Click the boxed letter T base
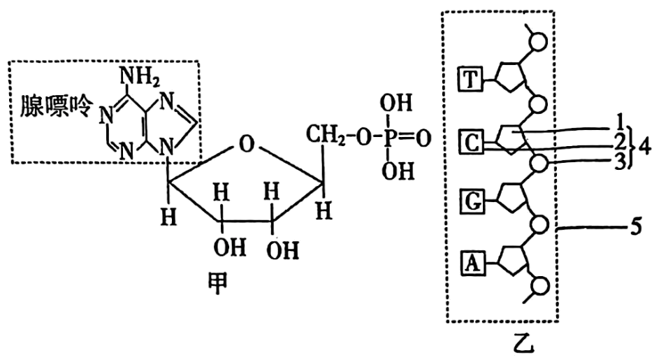[470, 80]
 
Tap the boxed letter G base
[472, 202]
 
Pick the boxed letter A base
[472, 263]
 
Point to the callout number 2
[619, 142]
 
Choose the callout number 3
[619, 161]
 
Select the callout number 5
[635, 227]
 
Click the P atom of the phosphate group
[388, 138]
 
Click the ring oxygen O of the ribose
[247, 144]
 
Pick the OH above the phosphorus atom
[396, 103]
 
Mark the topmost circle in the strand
[538, 41]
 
